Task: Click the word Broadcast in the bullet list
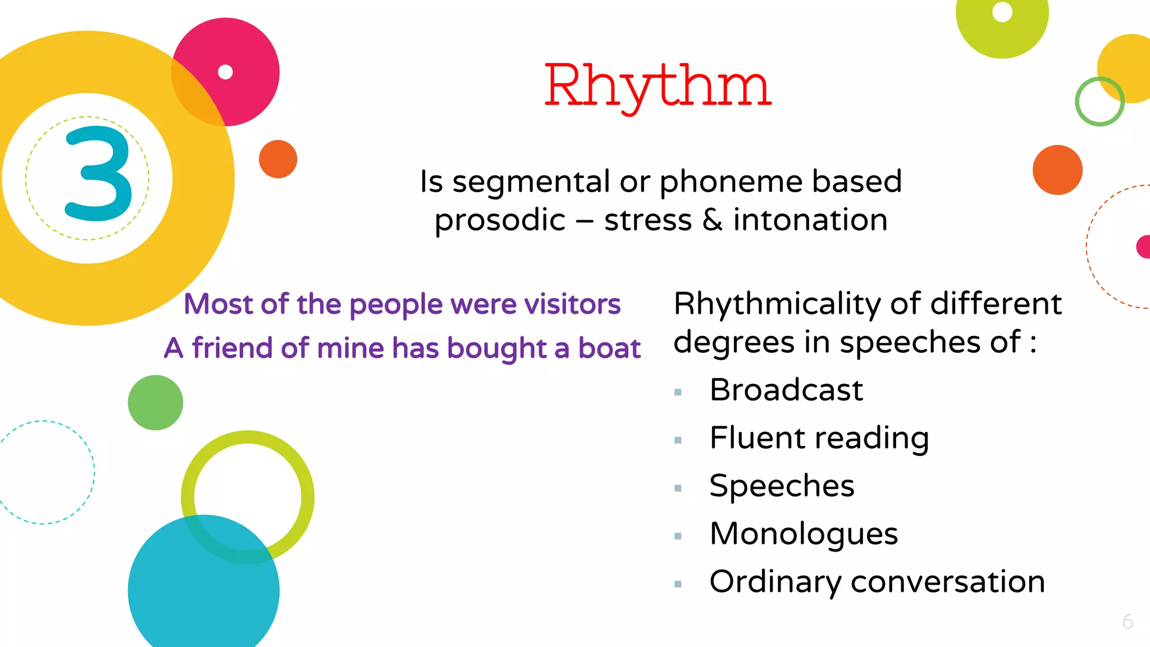click(x=786, y=390)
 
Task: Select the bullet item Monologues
click(x=804, y=534)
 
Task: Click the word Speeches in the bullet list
click(x=782, y=486)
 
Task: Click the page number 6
click(x=1128, y=622)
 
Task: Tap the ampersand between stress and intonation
click(x=712, y=220)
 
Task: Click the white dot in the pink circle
click(x=225, y=72)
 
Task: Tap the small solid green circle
click(x=156, y=403)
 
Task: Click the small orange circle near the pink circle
click(x=278, y=159)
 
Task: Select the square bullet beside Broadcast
click(x=678, y=392)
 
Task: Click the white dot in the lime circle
click(x=1002, y=12)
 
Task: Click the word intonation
click(x=810, y=220)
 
